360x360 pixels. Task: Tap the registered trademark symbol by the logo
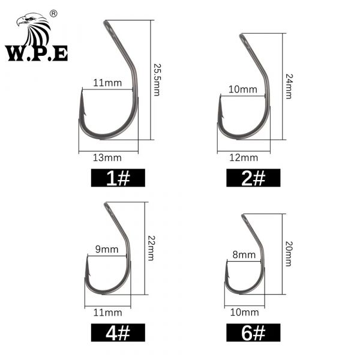pyautogui.click(x=53, y=14)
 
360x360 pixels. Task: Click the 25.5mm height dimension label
pyautogui.click(x=157, y=80)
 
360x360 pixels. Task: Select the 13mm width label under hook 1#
pyautogui.click(x=107, y=158)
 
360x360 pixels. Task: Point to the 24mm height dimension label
pyautogui.click(x=289, y=86)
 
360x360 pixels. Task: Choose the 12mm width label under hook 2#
pyautogui.click(x=244, y=158)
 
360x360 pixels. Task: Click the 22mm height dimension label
pyautogui.click(x=151, y=248)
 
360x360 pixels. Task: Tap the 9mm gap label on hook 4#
pyautogui.click(x=107, y=249)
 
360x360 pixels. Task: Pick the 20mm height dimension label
pyautogui.click(x=289, y=254)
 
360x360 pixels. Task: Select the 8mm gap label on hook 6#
pyautogui.click(x=244, y=254)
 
